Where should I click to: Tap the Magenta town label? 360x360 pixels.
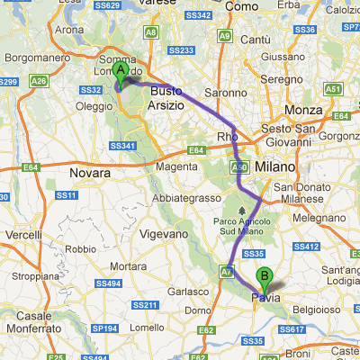[x=176, y=166]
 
